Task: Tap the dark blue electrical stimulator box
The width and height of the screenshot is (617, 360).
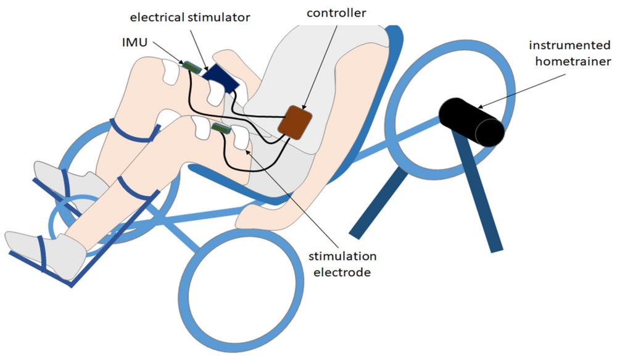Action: tap(220, 77)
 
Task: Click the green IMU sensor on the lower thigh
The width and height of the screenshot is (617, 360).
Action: tap(220, 128)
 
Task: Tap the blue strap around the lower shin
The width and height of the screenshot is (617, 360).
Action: tap(137, 188)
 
